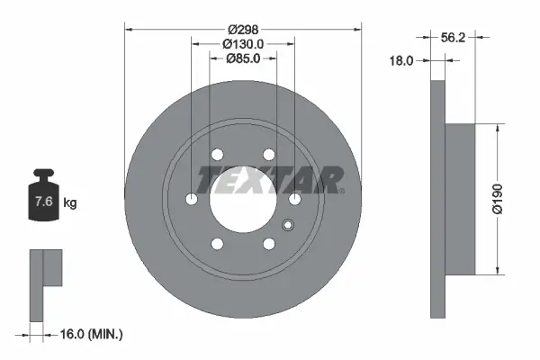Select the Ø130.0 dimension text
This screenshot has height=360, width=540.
point(242,43)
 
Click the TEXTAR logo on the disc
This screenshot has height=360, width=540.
point(271,179)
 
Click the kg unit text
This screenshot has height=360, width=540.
point(70,203)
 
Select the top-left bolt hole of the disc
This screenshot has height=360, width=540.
point(216,156)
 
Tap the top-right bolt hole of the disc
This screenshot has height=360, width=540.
point(269,156)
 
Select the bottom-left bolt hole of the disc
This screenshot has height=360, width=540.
point(216,243)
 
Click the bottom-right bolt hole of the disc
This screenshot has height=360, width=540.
point(269,243)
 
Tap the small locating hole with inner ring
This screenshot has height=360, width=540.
point(288,225)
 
